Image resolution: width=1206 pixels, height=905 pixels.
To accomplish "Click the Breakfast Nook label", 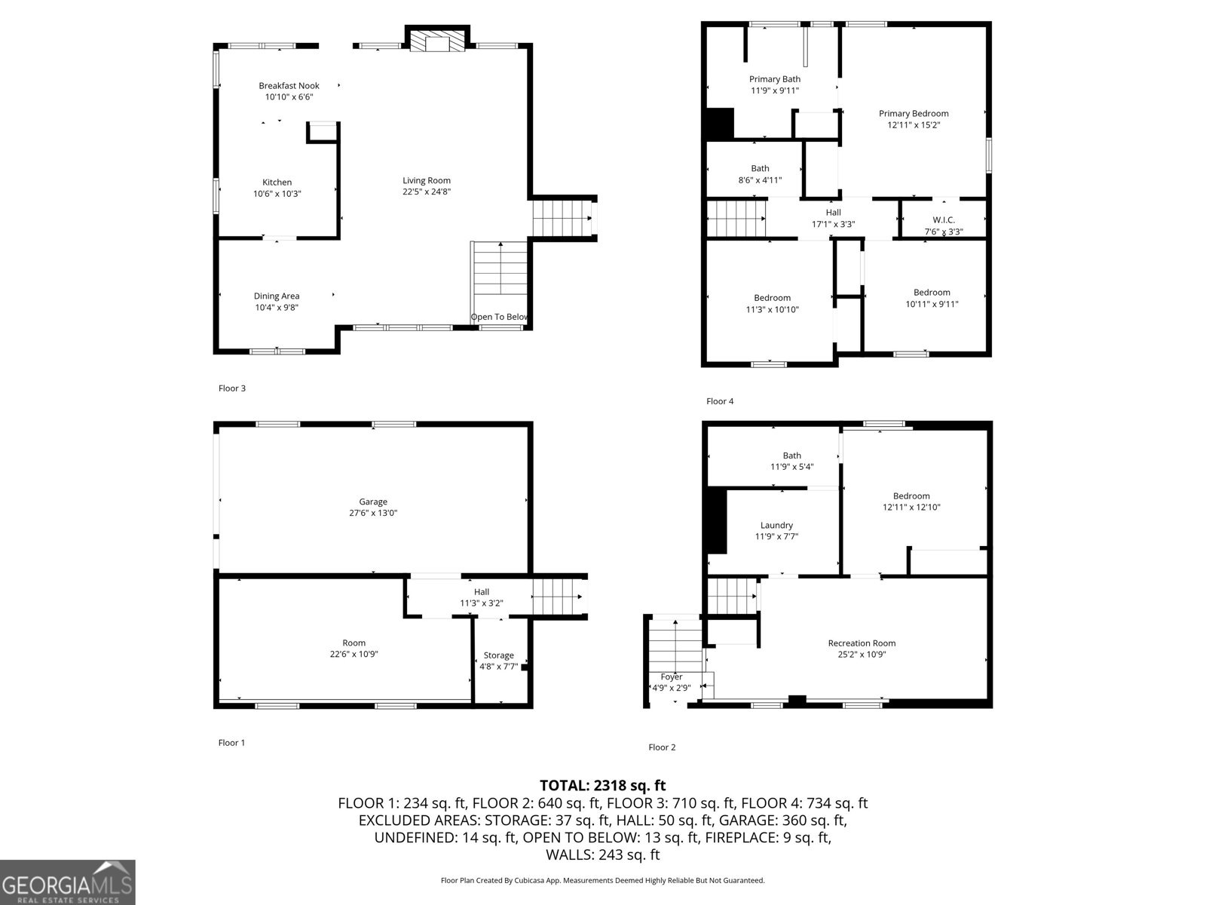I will pos(289,86).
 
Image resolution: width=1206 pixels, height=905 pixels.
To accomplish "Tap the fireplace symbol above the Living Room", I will pos(436,41).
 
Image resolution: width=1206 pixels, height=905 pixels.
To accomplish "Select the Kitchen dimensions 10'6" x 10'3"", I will pos(277,194).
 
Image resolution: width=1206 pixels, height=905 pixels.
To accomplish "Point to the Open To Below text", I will pos(500,317).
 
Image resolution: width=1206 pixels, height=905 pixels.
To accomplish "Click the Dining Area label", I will pos(277,296).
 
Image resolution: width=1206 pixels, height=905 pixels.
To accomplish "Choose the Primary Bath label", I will pos(774,79).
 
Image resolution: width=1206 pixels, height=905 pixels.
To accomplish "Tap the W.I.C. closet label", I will pos(943,220).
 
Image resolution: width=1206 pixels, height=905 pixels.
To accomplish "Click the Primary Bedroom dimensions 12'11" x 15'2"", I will pos(914,125).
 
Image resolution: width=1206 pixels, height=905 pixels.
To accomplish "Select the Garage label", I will pos(373,502).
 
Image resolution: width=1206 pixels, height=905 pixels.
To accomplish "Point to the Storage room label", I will pos(498,655).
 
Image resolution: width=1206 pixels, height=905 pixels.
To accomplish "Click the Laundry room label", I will pos(776,525).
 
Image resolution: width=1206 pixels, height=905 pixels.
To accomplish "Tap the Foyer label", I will pos(671,677).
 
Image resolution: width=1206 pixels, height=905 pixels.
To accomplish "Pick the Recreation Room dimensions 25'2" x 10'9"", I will pos(862,655).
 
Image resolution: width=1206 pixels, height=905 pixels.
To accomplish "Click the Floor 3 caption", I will pos(232,388).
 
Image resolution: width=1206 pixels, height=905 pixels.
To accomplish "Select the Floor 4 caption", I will pos(720,401).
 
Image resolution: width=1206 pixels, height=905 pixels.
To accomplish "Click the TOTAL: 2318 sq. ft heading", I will pos(602,785).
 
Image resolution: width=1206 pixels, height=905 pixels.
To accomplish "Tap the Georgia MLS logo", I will pos(67,882).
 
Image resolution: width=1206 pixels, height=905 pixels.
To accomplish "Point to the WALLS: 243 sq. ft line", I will pos(602,854).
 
